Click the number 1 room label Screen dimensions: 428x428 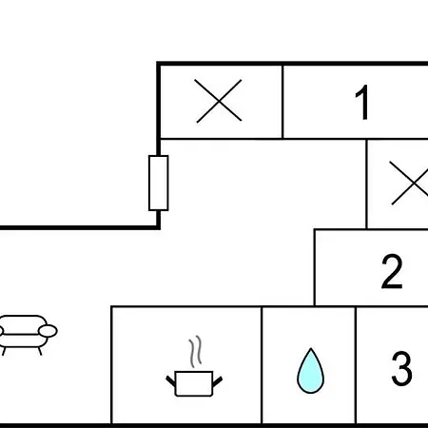pyautogui.click(x=362, y=102)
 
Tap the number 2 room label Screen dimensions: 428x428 pyautogui.click(x=392, y=272)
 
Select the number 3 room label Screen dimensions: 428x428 pyautogui.click(x=401, y=368)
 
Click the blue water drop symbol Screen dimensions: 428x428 pyautogui.click(x=310, y=371)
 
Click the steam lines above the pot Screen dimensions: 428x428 pyautogui.click(x=195, y=352)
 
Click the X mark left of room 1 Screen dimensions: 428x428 pyautogui.click(x=219, y=101)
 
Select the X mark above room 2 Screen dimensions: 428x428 pyautogui.click(x=411, y=183)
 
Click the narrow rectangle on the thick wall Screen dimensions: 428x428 pyautogui.click(x=159, y=183)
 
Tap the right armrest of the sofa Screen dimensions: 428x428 pyautogui.click(x=48, y=331)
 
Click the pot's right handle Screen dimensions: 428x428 pyautogui.click(x=217, y=381)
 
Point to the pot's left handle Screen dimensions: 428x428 pyautogui.click(x=171, y=381)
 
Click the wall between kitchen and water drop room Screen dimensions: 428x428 pyautogui.click(x=262, y=364)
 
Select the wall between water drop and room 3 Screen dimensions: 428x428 pyautogui.click(x=356, y=364)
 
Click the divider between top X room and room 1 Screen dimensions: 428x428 pyautogui.click(x=282, y=102)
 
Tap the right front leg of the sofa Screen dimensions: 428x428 pyautogui.click(x=40, y=351)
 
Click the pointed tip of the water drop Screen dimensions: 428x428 pyautogui.click(x=311, y=348)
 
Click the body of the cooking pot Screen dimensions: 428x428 pyautogui.click(x=194, y=383)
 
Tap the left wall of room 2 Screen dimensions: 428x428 pyautogui.click(x=315, y=267)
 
